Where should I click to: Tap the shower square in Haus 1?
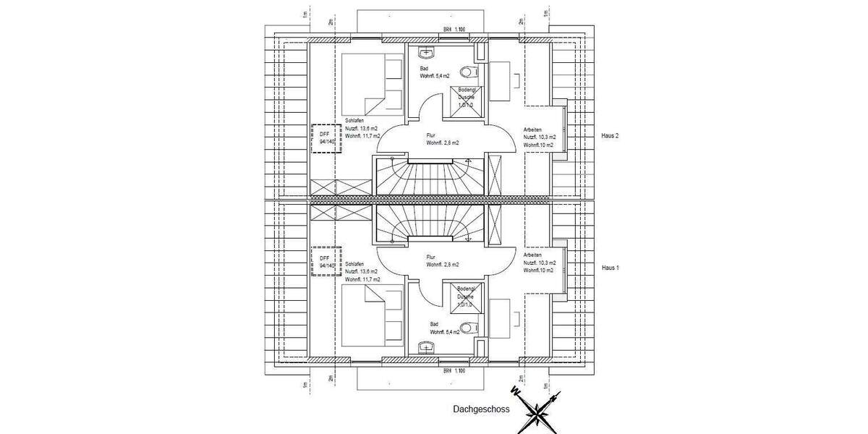tap(464, 298)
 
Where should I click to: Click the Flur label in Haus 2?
tap(431, 134)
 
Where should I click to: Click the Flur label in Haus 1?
tap(431, 256)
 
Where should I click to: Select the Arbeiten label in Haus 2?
tap(533, 130)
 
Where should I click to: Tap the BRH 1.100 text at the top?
tap(454, 30)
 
